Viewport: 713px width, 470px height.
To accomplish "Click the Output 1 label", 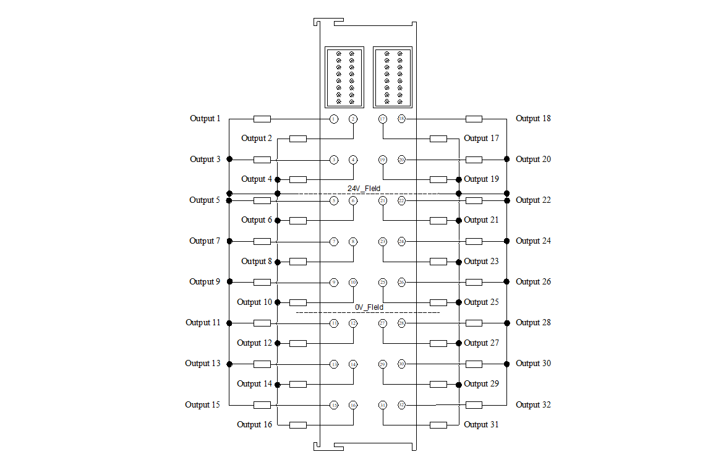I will click(x=205, y=119).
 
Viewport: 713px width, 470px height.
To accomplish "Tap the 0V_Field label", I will click(x=369, y=307).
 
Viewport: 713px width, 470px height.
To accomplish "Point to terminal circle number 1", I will click(x=334, y=119).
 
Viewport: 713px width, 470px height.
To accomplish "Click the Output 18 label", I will click(x=533, y=119).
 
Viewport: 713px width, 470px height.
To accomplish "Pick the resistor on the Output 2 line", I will click(x=297, y=139).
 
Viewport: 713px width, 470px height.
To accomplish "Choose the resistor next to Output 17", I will click(x=438, y=139).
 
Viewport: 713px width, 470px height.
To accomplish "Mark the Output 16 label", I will click(x=254, y=425).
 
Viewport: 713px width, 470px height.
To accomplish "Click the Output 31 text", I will click(x=481, y=425).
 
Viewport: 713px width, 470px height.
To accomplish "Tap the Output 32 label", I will click(x=533, y=405).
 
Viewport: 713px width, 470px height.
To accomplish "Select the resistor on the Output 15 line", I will click(x=262, y=405).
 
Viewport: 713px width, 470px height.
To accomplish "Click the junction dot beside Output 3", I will click(x=229, y=160).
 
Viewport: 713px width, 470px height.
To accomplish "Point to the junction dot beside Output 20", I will click(x=506, y=160).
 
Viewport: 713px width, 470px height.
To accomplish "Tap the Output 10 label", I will click(x=254, y=302).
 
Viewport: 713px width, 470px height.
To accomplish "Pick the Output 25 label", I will click(x=481, y=302).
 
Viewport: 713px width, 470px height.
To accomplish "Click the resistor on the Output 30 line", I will click(x=474, y=364).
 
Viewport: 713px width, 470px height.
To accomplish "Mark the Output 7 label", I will click(x=205, y=241).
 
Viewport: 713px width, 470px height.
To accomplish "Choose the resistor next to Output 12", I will click(x=297, y=343).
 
